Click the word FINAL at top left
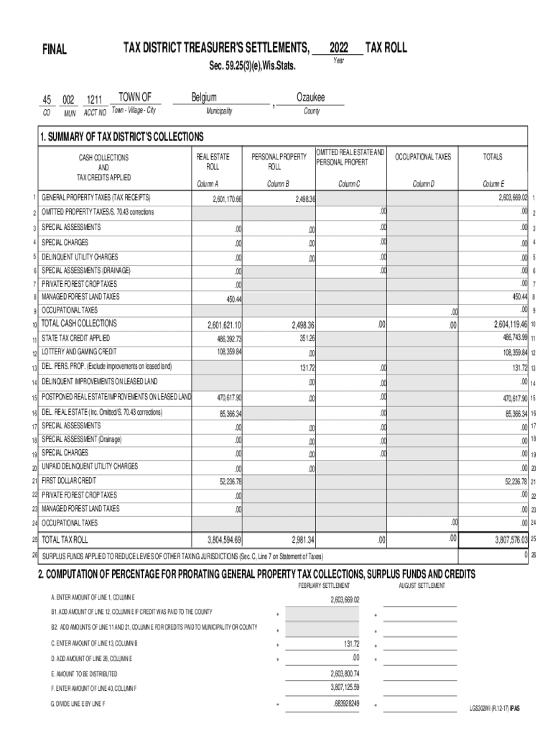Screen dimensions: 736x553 pos(55,50)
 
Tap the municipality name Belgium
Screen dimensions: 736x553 pos(204,98)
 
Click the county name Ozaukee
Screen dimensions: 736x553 pos(311,98)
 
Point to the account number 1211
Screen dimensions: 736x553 pos(95,99)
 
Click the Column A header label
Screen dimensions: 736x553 pos(208,184)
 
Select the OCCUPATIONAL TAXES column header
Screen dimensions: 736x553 pos(424,157)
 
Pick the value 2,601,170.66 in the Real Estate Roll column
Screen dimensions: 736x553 pos(227,199)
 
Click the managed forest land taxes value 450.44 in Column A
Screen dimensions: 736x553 pos(234,298)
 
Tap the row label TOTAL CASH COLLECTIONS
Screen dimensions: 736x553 pos(79,323)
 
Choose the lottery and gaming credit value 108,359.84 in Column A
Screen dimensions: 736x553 pos(228,352)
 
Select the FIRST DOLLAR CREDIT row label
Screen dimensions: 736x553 pos(69,480)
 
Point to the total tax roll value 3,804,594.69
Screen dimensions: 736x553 pos(224,540)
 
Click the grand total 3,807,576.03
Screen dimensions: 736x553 pos(511,540)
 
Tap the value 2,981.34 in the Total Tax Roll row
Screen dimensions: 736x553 pos(302,540)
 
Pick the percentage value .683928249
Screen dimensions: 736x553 pos(345,704)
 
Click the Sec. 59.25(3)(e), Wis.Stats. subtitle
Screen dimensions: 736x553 pos(252,67)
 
